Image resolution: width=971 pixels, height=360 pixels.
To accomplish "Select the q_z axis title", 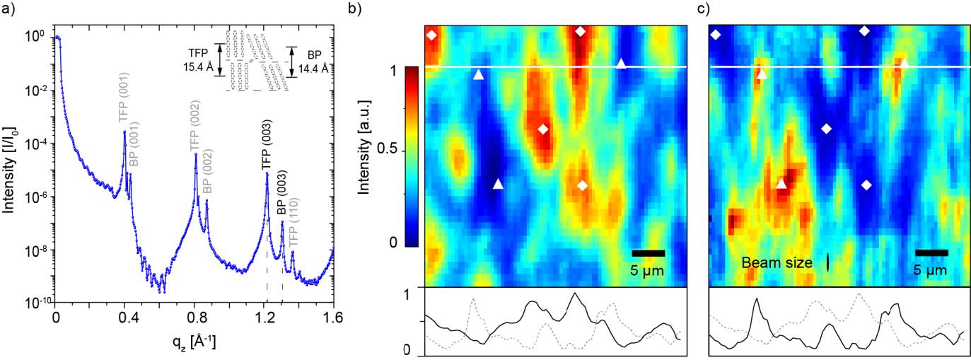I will tap(195, 343).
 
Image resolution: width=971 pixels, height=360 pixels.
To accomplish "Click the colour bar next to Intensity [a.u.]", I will tap(411, 156).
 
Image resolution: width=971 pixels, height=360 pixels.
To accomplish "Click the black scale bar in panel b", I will tap(648, 252).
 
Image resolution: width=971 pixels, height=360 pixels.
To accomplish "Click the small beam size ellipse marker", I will tap(827, 262).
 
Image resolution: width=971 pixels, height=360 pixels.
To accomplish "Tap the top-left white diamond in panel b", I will tap(431, 35).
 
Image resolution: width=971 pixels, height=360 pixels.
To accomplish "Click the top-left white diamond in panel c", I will tap(716, 35).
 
